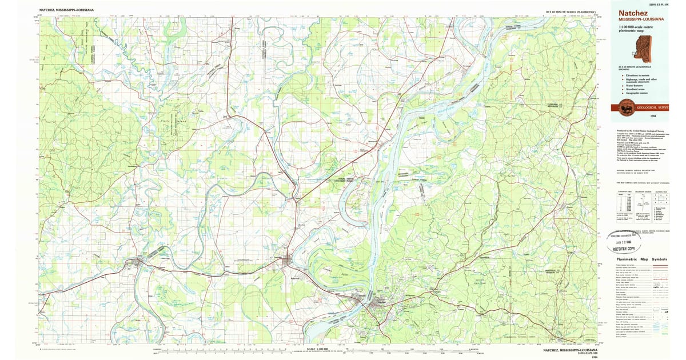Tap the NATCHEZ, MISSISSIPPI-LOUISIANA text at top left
point(67,10)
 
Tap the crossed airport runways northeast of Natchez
point(429,267)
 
